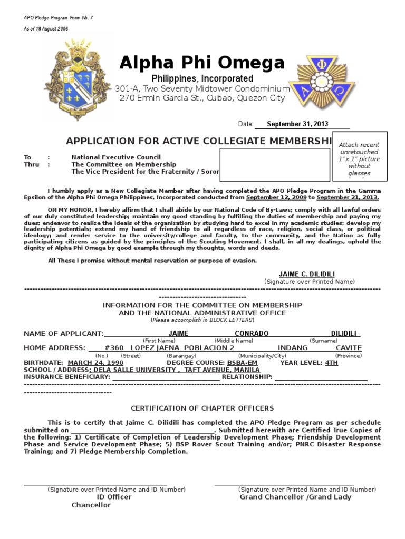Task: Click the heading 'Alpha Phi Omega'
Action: (202, 63)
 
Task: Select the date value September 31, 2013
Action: (297, 124)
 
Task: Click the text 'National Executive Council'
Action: (116, 157)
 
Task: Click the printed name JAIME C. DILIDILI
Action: (306, 274)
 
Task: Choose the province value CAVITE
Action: (349, 348)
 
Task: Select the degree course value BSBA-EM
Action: (243, 363)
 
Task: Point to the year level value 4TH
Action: (332, 363)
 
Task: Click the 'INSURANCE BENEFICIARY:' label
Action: (67, 377)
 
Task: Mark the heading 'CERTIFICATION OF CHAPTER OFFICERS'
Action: (202, 408)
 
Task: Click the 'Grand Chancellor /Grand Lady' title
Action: (295, 497)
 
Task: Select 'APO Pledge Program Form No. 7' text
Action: (58, 18)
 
